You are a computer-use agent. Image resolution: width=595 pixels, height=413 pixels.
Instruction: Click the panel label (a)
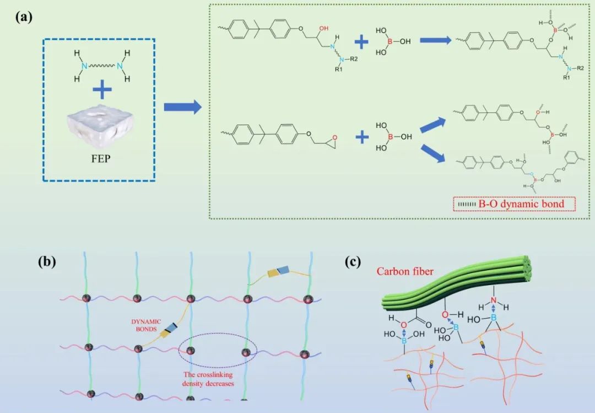click(24, 16)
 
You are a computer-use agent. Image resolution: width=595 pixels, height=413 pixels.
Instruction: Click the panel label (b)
click(46, 261)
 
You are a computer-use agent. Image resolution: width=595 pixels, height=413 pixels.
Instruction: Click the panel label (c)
click(353, 261)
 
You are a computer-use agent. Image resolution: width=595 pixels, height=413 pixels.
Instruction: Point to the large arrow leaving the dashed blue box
click(181, 107)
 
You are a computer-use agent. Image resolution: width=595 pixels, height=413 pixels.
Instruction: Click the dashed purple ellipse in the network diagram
click(218, 351)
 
